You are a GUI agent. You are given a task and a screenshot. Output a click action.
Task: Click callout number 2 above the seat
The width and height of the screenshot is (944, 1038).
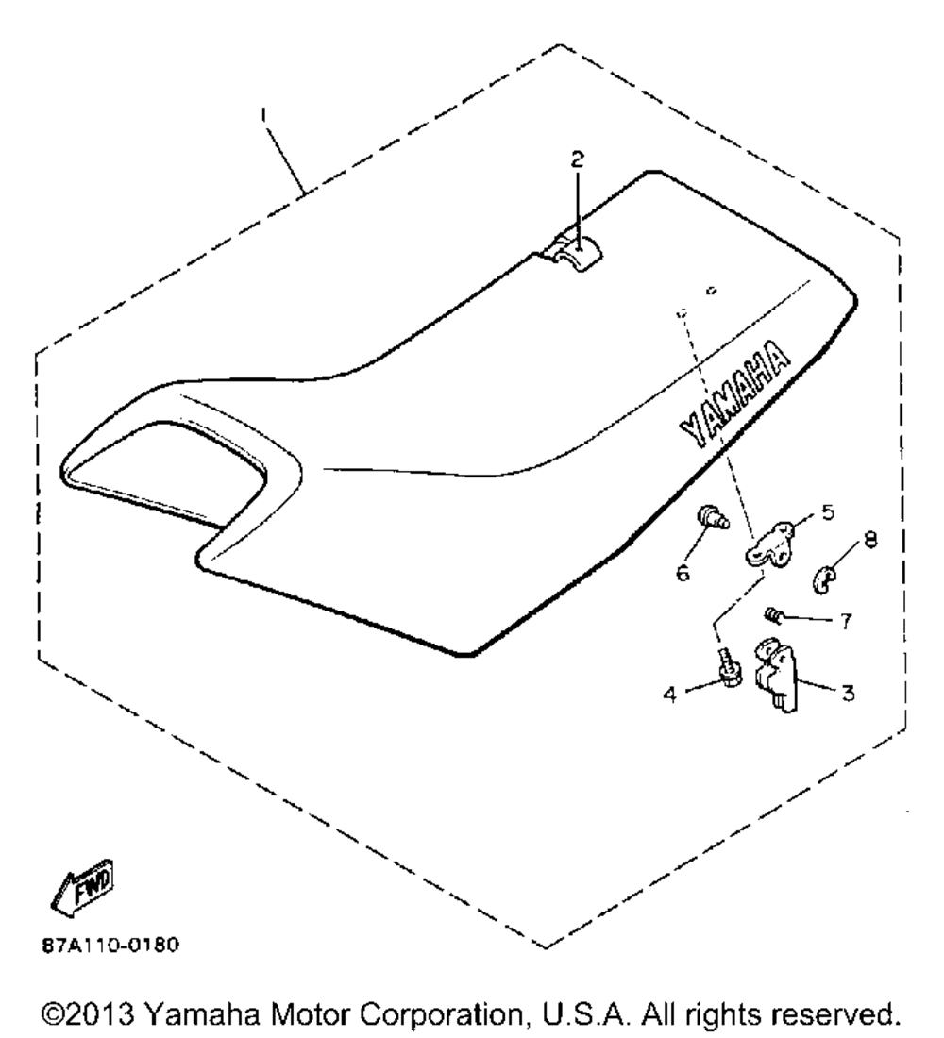pos(578,160)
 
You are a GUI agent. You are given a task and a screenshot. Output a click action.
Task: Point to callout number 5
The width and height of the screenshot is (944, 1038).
pos(827,513)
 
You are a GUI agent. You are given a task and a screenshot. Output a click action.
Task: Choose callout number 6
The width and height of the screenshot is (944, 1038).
pos(682,572)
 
